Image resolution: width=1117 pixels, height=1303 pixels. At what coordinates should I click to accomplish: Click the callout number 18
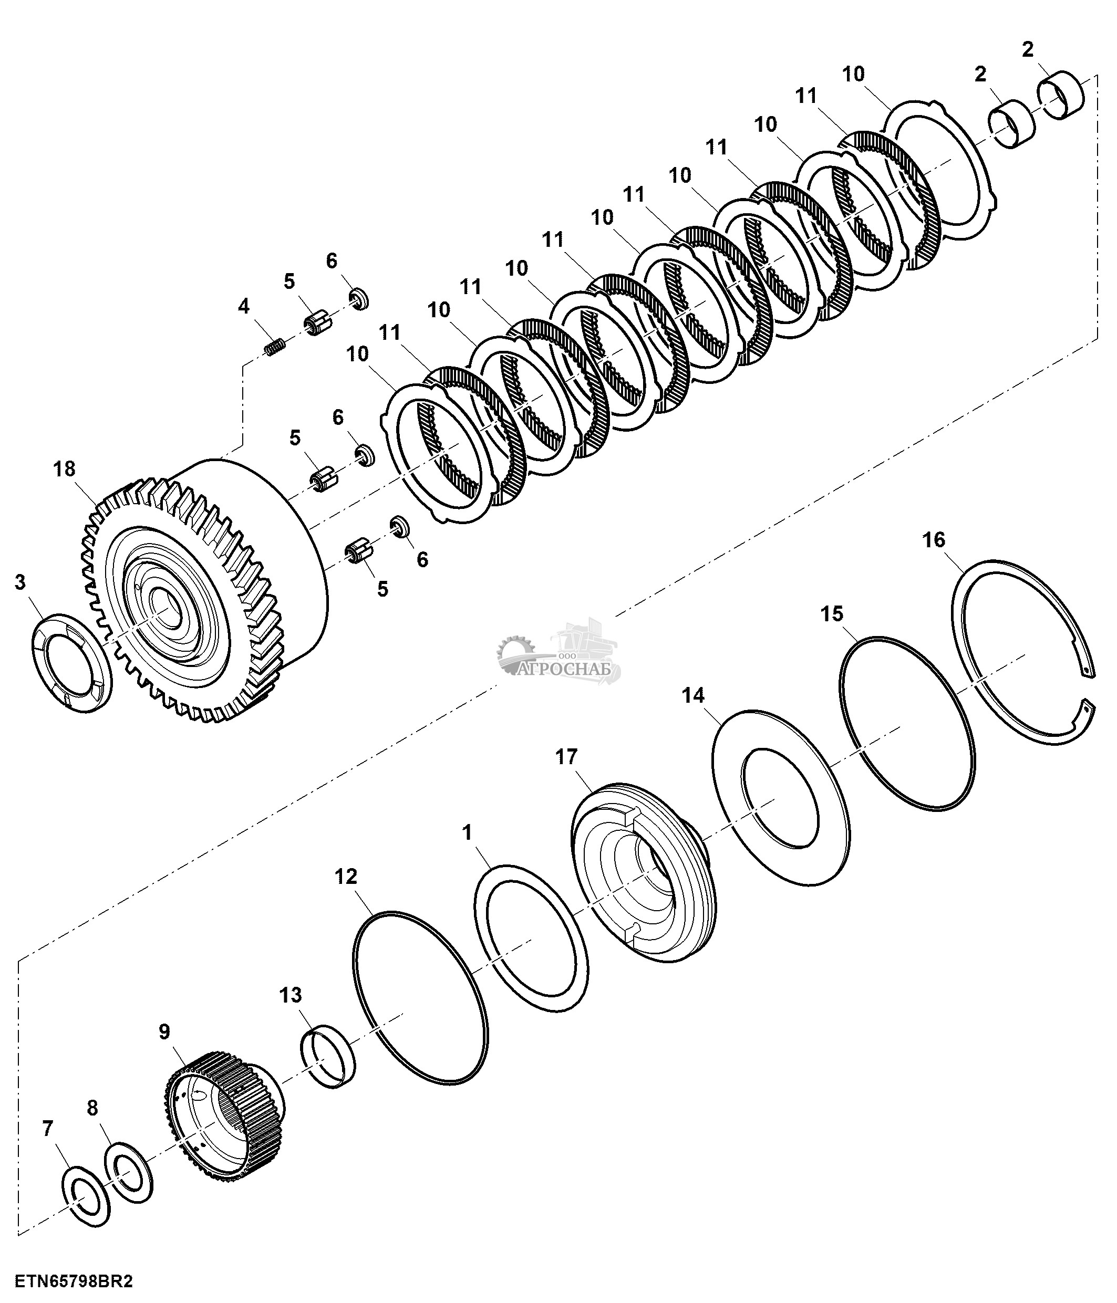(65, 469)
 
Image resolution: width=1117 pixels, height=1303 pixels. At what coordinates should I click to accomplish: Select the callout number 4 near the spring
(243, 306)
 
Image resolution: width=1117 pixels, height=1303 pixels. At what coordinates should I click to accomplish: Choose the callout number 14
(694, 695)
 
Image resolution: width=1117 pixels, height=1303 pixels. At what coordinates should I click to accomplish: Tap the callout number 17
(566, 756)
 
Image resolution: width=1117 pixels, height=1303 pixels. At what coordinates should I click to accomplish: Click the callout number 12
(346, 876)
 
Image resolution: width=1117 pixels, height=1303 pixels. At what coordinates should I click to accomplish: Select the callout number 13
(291, 995)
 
